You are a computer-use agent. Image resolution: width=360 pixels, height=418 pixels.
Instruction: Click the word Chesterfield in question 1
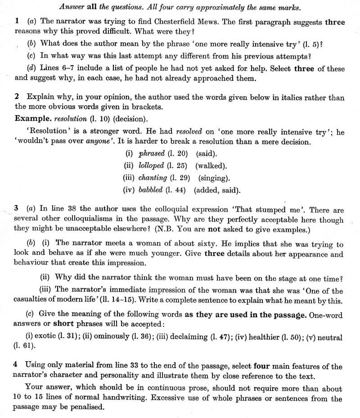(165, 21)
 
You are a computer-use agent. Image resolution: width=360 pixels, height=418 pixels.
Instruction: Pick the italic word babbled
(150, 189)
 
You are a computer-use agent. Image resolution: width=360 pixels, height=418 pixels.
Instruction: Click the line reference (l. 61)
(25, 347)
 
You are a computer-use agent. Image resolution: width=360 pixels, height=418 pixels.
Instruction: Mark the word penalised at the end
(90, 408)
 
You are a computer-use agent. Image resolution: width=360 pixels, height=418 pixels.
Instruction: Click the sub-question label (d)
(32, 69)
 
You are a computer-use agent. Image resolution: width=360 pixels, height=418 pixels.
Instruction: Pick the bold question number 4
(17, 366)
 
